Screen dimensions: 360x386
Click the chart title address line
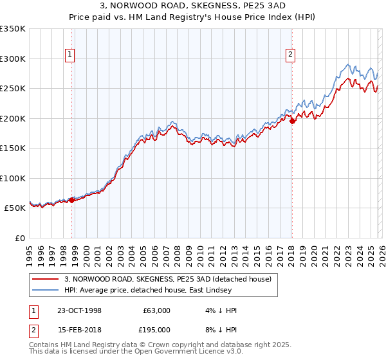(193, 6)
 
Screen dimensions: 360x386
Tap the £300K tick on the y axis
(13, 59)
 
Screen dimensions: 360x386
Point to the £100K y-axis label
(13, 178)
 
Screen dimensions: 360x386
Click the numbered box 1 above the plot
(69, 55)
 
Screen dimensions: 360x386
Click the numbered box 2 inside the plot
(291, 55)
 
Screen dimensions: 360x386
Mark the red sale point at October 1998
(72, 200)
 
